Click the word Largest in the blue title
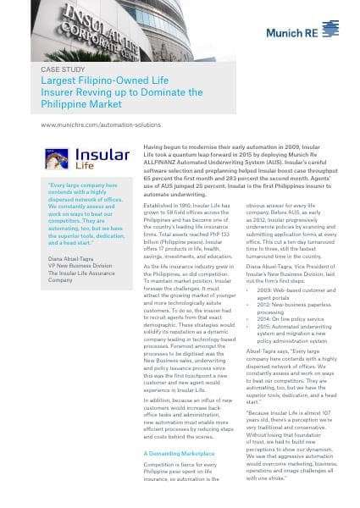coord(58,81)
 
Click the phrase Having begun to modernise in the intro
coord(183,146)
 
